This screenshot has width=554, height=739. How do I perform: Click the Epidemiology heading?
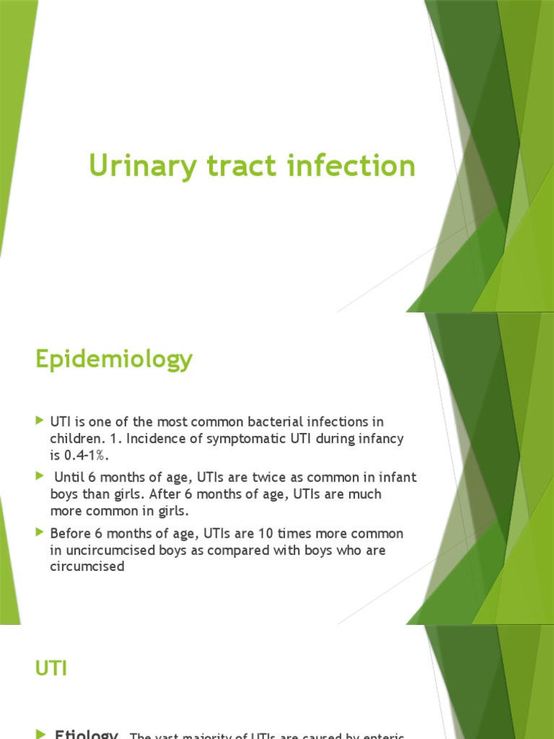pyautogui.click(x=114, y=359)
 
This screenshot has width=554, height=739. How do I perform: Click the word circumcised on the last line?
pyautogui.click(x=87, y=567)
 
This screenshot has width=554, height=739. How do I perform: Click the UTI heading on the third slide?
pyautogui.click(x=51, y=669)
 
